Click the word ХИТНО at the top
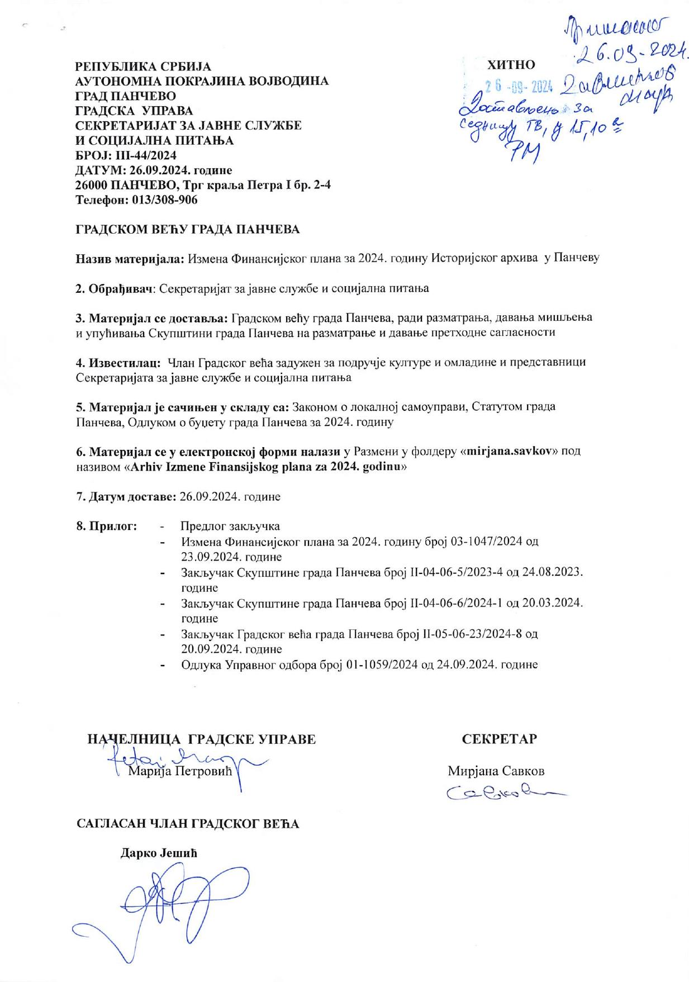511,65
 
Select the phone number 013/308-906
165,200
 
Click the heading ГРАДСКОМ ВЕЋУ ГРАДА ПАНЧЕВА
188,229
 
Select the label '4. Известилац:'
119,362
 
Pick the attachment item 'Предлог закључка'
230,526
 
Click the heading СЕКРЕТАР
500,739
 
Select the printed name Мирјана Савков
496,771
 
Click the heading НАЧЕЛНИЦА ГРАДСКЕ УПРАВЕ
202,739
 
